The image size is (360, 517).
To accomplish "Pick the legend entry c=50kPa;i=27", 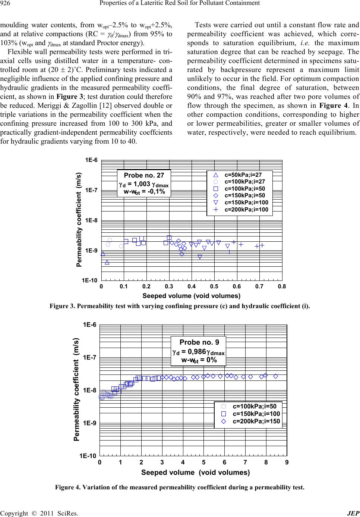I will point(243,174).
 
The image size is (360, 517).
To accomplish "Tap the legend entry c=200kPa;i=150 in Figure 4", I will point(256,421).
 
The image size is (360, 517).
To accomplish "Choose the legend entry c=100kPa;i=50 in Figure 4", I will point(255,406).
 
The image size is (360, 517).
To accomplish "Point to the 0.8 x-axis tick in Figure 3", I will point(282,286).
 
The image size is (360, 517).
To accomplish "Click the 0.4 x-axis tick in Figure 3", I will point(192,286).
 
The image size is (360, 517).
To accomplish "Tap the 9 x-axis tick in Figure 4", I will point(286,462).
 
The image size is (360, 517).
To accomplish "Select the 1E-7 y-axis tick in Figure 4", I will point(89,358).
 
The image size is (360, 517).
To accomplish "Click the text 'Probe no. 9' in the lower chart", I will point(199,342).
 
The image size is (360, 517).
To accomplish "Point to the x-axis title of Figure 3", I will point(192,296).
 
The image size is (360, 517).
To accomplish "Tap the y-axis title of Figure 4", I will point(76,390).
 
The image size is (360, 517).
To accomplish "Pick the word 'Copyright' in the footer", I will point(13,513).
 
